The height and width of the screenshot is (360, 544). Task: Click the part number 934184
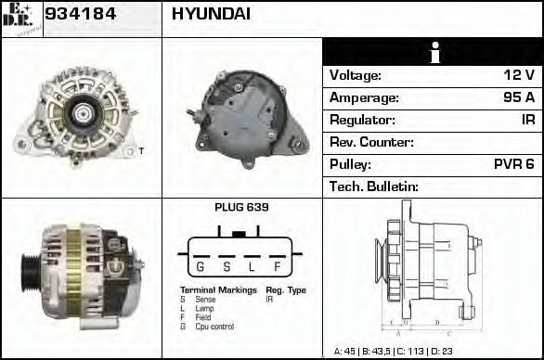point(80,15)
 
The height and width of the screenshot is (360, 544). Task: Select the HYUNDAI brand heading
point(211,15)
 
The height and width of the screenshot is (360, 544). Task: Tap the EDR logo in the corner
point(20,19)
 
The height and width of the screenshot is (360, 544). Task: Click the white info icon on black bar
point(433,52)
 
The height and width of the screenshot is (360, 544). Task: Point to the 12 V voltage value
point(518,75)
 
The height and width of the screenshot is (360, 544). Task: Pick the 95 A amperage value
point(518,97)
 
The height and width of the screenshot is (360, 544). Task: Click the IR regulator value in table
point(527,120)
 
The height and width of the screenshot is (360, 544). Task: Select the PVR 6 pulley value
point(513,164)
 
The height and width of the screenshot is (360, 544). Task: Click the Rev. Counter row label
point(371,142)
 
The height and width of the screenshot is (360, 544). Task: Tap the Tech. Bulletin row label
point(374,186)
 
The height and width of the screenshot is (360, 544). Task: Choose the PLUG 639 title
point(240,208)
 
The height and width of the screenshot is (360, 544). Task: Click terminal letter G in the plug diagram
point(199,267)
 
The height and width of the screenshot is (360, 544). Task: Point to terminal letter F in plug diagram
point(278,267)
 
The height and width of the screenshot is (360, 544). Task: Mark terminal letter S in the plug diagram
point(226,267)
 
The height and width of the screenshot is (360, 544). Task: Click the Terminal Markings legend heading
point(218,290)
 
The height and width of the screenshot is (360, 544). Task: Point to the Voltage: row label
point(356,75)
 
